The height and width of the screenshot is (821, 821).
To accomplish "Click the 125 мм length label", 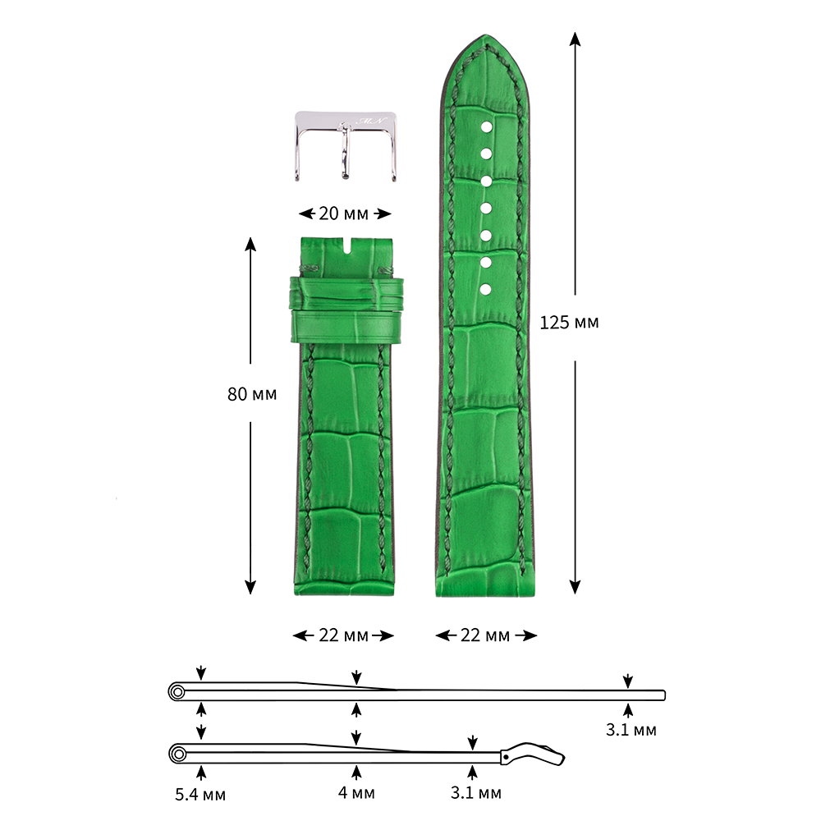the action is [569, 323].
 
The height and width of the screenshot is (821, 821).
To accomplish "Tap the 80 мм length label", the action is [252, 394].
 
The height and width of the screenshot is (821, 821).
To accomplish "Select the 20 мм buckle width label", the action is [343, 213].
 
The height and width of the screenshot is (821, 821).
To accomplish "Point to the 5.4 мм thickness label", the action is [200, 794].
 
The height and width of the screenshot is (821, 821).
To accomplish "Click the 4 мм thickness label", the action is [356, 793].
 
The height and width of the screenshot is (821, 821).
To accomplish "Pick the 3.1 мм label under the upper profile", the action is [631, 730].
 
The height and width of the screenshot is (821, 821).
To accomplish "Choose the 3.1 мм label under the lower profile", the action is [476, 793].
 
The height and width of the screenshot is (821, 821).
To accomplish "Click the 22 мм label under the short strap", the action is [343, 635].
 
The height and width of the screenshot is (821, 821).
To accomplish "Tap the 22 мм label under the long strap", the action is [485, 635].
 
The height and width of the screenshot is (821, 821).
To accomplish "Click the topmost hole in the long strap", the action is [486, 127].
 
